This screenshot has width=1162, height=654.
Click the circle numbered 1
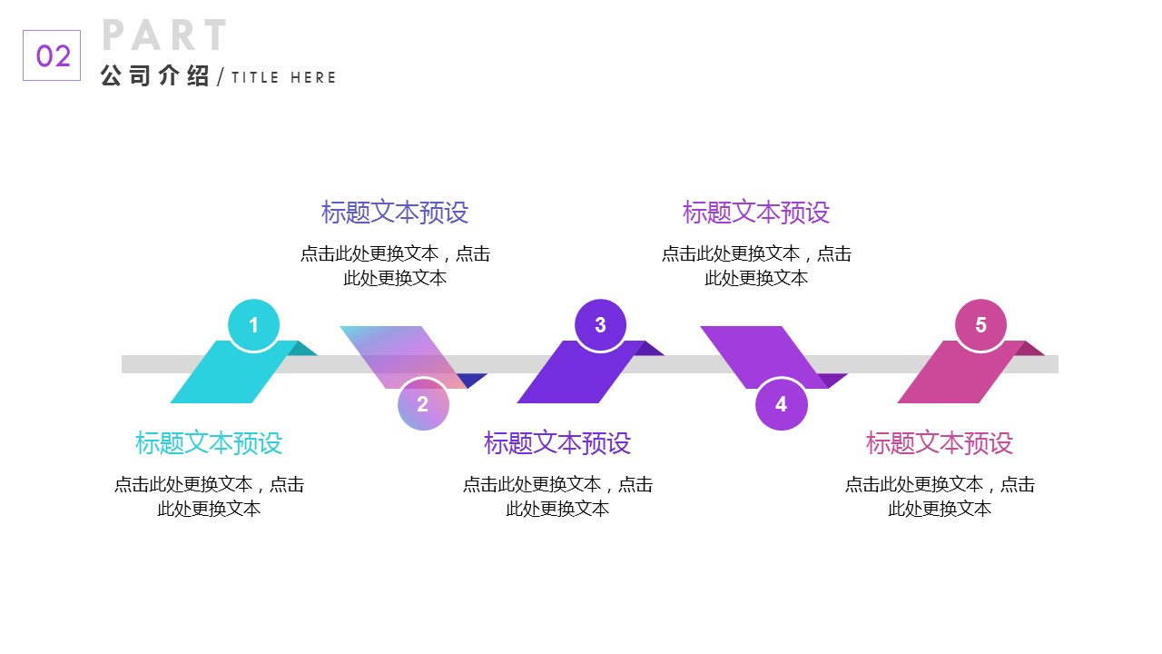253,325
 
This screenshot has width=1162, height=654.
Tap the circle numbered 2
423,404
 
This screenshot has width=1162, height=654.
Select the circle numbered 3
600,325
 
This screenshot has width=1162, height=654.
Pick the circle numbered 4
781,404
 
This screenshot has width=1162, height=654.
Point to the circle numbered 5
980,325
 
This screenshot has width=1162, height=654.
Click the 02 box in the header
52,55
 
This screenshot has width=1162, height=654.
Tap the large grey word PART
164,35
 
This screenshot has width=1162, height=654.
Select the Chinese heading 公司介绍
155,77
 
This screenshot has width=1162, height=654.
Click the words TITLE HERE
283,78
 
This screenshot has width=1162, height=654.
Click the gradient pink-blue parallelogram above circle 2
399,350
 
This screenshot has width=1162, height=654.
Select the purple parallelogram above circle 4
753,350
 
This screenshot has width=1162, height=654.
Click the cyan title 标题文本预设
209,443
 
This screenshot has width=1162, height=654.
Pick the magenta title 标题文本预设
940,443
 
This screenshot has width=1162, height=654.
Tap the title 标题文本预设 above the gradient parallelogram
395,213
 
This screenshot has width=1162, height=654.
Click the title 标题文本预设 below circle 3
557,443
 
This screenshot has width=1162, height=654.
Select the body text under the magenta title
940,496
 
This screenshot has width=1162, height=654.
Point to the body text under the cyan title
209,496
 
